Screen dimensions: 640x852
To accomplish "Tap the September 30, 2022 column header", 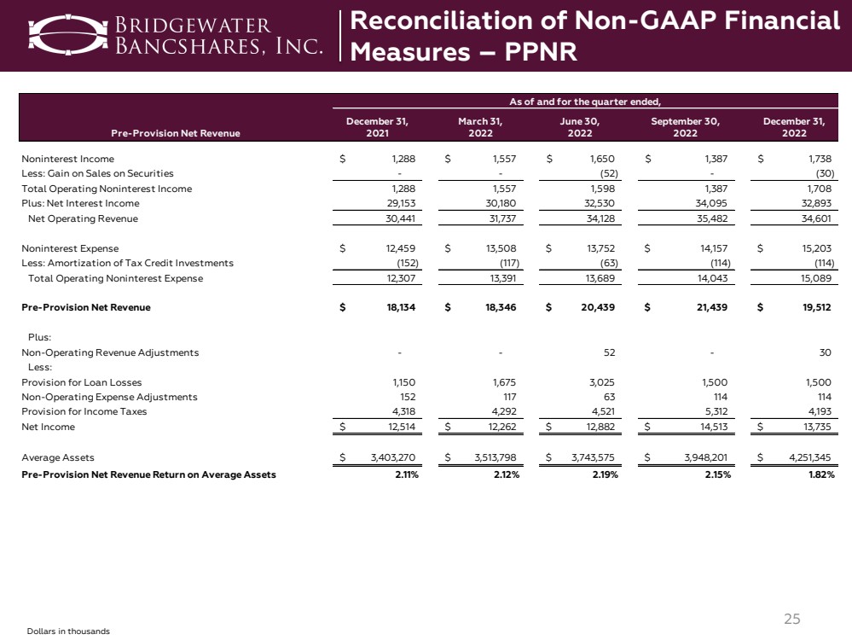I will pos(685,127).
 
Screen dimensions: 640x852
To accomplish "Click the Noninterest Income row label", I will pos(67,159).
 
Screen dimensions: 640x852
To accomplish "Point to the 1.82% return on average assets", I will pos(818,474).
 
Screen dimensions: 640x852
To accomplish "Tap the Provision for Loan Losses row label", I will pos(82,382).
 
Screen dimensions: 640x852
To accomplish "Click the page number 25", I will pos(792,620).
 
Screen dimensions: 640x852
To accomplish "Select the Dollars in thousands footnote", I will pos(68,631).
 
